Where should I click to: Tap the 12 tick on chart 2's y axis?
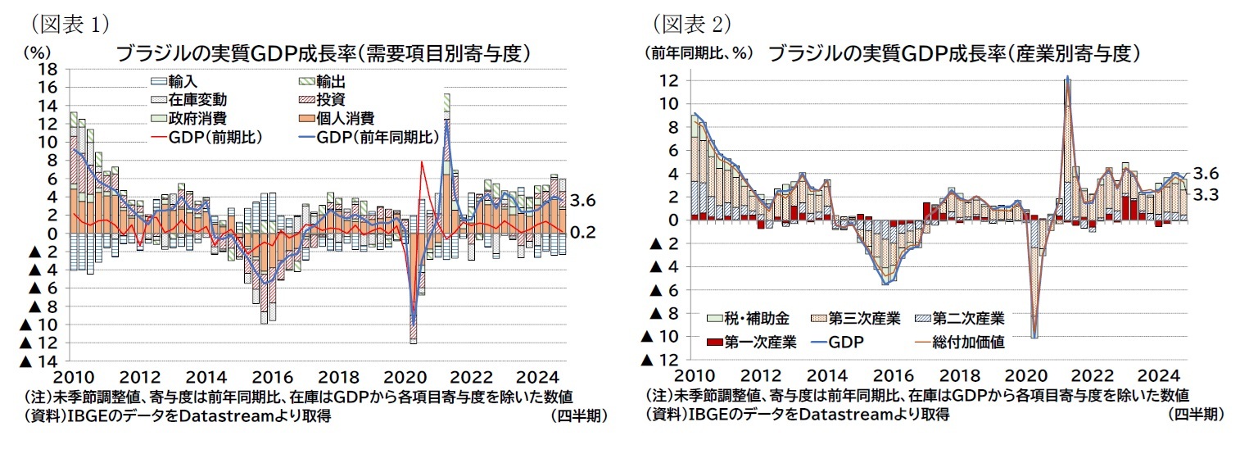[x=670, y=81]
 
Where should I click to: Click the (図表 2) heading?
[x=690, y=20]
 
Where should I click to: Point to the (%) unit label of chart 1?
[x=38, y=52]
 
